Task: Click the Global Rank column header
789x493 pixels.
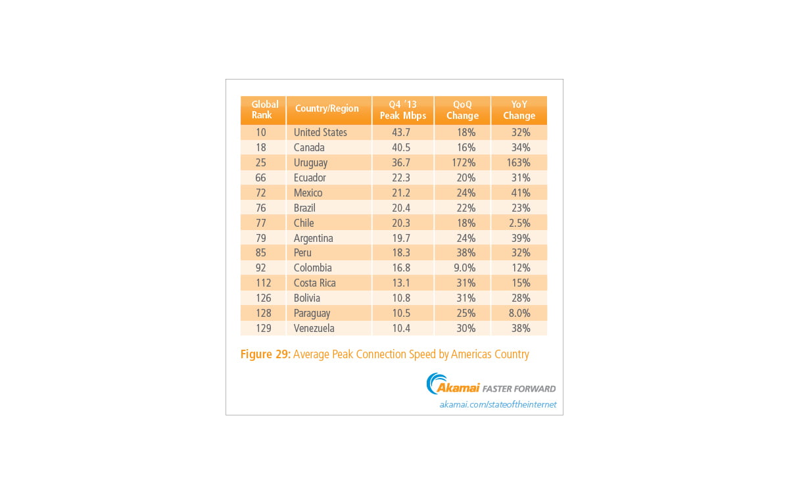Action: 264,110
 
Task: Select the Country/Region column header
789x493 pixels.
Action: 327,108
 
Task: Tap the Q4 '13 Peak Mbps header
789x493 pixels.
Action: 402,110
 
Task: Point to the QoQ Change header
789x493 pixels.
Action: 462,110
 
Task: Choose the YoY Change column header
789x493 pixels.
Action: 519,110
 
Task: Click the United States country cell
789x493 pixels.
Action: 320,132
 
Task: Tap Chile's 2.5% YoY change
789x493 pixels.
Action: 519,223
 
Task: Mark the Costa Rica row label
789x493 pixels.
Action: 314,283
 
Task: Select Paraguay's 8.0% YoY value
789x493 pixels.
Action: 519,313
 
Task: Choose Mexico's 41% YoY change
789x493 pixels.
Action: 521,193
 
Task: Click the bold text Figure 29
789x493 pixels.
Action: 264,354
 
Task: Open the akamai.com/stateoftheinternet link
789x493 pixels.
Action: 498,404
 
